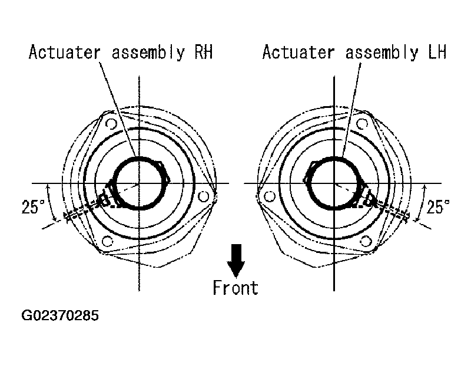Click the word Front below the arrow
pyautogui.click(x=235, y=288)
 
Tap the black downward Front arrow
pyautogui.click(x=236, y=261)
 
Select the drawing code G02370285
pyautogui.click(x=60, y=315)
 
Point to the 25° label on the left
pyautogui.click(x=33, y=207)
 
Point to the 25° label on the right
pyautogui.click(x=438, y=207)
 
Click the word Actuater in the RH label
pyautogui.click(x=65, y=52)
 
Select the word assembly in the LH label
pyautogui.click(x=382, y=53)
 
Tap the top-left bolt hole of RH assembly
pyautogui.click(x=111, y=124)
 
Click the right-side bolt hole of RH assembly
pyautogui.click(x=204, y=196)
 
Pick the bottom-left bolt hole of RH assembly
pyautogui.click(x=108, y=241)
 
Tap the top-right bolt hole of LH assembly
pyautogui.click(x=362, y=124)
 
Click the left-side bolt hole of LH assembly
pyautogui.click(x=270, y=196)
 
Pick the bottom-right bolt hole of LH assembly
pyautogui.click(x=366, y=241)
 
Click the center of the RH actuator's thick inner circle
pyautogui.click(x=139, y=183)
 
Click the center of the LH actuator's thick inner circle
pyautogui.click(x=334, y=183)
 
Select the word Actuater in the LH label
pyautogui.click(x=298, y=52)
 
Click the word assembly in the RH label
pyautogui.click(x=148, y=53)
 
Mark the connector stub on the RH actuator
pyautogui.click(x=107, y=197)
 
